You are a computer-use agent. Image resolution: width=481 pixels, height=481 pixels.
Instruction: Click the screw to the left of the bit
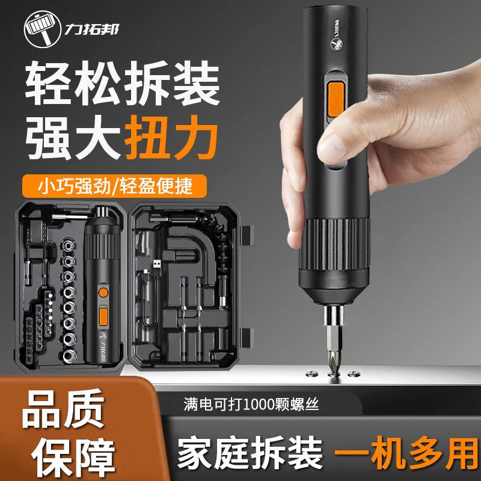[x=311, y=373]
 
